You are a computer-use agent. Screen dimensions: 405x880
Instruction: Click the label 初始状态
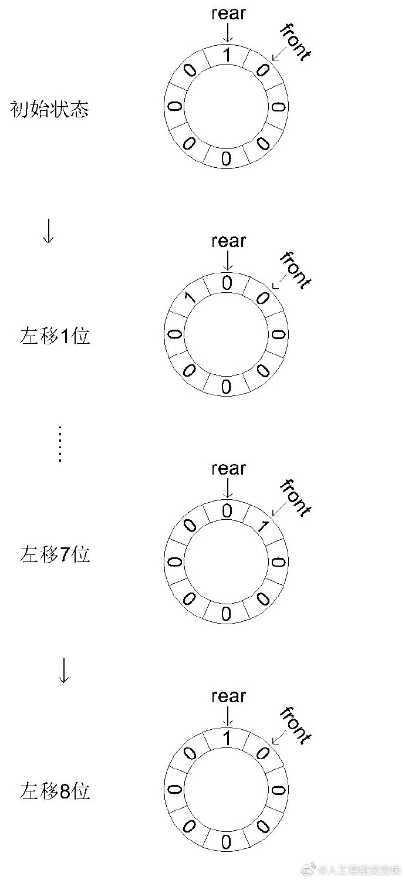click(x=50, y=109)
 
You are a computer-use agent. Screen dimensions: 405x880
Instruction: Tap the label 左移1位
click(x=55, y=337)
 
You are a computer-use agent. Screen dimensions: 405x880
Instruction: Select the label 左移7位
click(x=55, y=554)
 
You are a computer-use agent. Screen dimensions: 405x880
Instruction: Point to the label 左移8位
click(x=55, y=791)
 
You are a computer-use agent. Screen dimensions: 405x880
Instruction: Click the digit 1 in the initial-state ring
click(x=227, y=56)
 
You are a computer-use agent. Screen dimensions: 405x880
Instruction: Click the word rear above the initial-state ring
click(x=228, y=13)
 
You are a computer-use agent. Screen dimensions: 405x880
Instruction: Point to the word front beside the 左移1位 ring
click(x=295, y=270)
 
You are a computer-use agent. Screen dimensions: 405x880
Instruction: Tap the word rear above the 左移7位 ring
click(x=228, y=469)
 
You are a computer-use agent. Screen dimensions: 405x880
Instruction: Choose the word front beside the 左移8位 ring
click(x=295, y=725)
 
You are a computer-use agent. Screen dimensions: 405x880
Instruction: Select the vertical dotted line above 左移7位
click(x=59, y=443)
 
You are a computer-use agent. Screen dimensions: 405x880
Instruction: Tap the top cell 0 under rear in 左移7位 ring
click(x=227, y=511)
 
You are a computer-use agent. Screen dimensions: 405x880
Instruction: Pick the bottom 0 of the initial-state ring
click(x=227, y=158)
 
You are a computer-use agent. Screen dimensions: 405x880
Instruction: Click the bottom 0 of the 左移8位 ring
click(x=227, y=842)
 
